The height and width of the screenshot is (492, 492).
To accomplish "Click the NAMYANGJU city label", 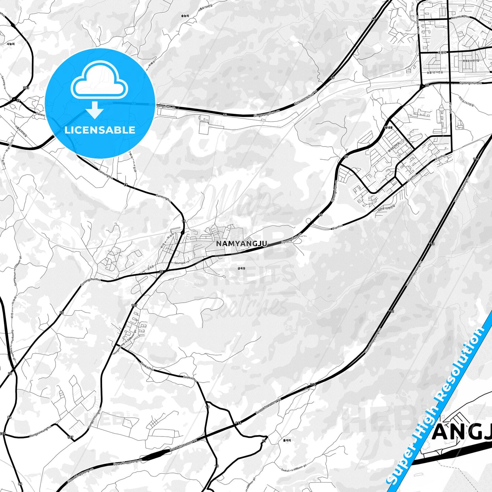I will pos(241,244).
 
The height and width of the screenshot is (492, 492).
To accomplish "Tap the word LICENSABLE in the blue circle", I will pos(100,130).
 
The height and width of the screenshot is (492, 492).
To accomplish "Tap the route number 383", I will pos(26,88).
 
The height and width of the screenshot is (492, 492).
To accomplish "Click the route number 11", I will pos(264,441).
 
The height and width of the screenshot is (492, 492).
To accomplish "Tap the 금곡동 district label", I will pos(241,268).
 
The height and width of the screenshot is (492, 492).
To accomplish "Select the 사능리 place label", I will pos(11,44).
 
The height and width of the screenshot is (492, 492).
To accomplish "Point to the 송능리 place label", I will pos(185,16).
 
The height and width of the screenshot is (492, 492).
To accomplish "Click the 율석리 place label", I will pos(287,440).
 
